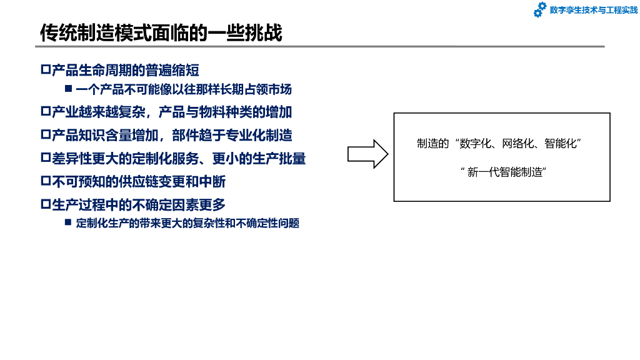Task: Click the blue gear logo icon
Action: [539, 10]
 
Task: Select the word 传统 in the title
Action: [52, 32]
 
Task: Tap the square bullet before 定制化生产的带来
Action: [69, 222]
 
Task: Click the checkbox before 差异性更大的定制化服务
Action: [45, 158]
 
